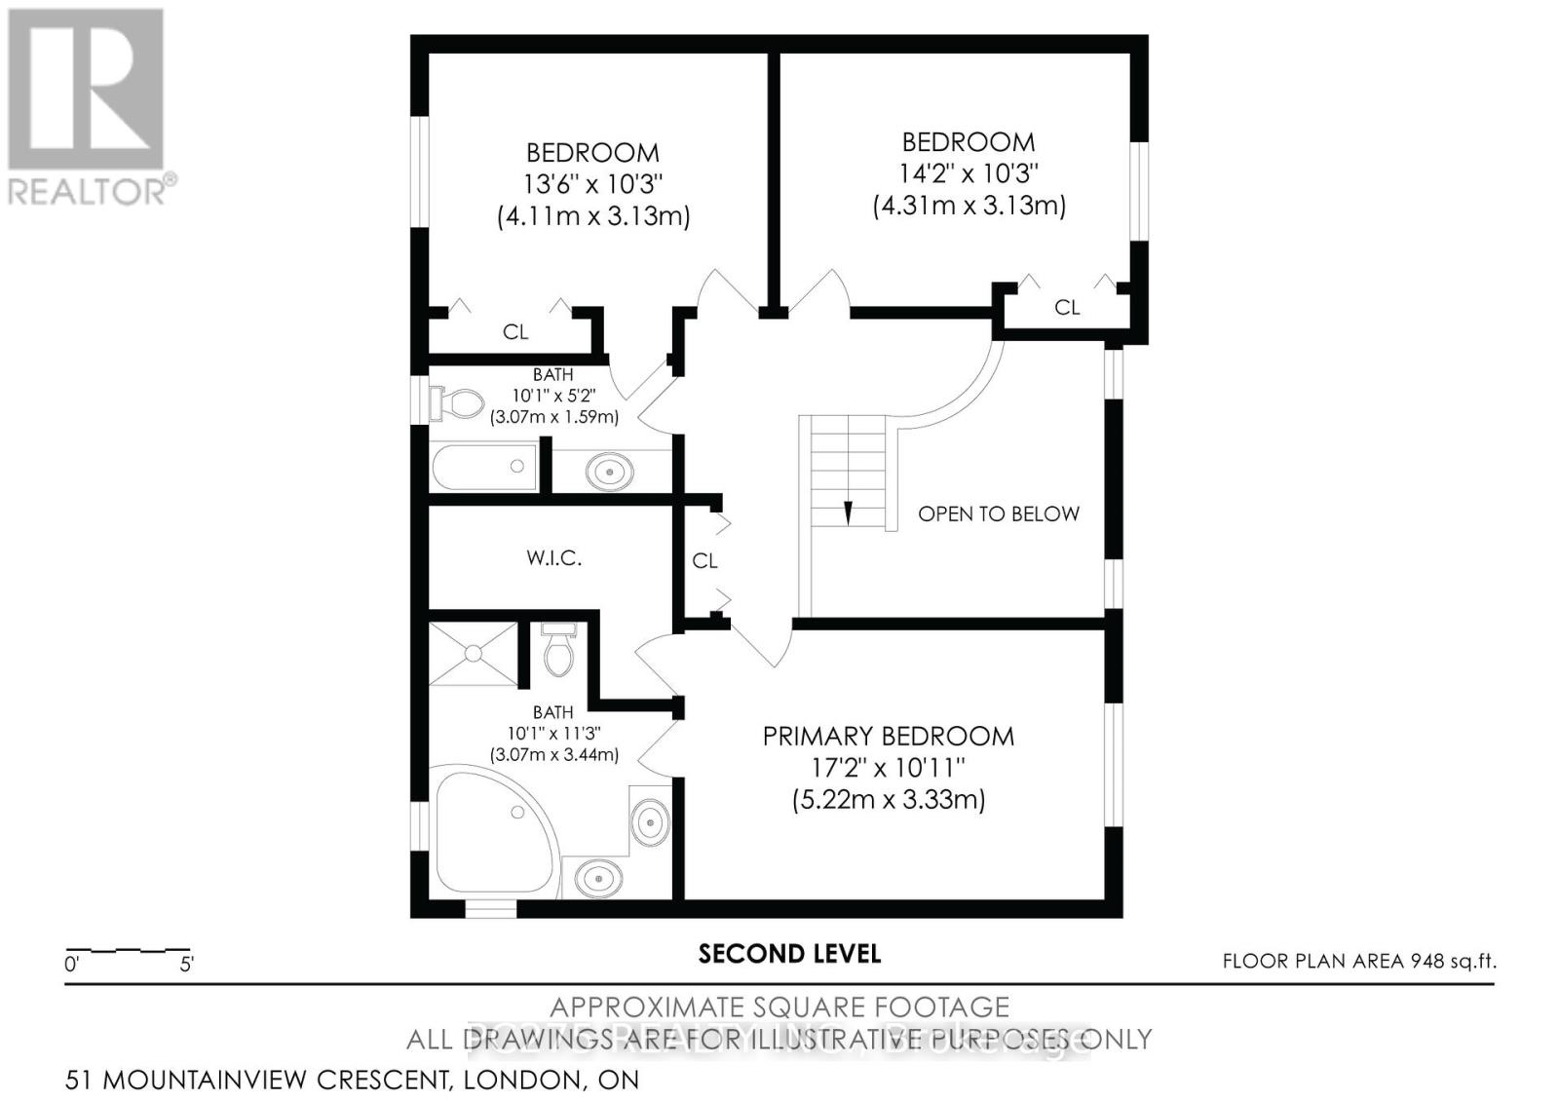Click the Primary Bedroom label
888,737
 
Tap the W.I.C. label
553,558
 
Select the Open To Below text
998,513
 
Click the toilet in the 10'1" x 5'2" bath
458,403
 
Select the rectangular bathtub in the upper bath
484,467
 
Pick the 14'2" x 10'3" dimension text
967,173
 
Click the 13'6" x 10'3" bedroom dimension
592,184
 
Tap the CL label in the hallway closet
704,561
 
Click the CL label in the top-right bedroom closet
1067,308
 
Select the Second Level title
789,954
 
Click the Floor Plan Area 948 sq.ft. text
1358,962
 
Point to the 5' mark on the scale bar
186,965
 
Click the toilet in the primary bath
559,651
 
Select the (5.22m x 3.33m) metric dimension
888,801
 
